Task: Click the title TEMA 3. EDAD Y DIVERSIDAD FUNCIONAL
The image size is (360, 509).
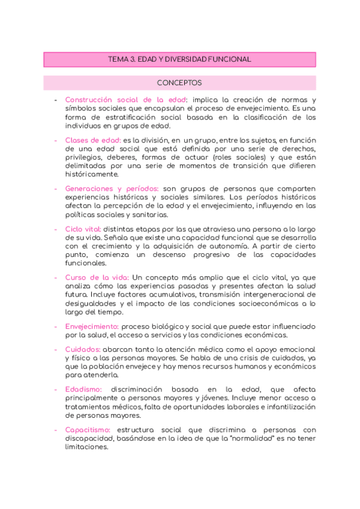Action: (179, 59)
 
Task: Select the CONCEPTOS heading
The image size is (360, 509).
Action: (179, 83)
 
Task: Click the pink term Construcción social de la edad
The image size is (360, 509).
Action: (126, 100)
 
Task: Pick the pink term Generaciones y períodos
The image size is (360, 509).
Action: (112, 188)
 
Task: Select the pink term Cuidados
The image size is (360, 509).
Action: (83, 349)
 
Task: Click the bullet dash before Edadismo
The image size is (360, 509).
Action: (55, 390)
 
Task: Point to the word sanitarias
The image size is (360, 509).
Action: (149, 214)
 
